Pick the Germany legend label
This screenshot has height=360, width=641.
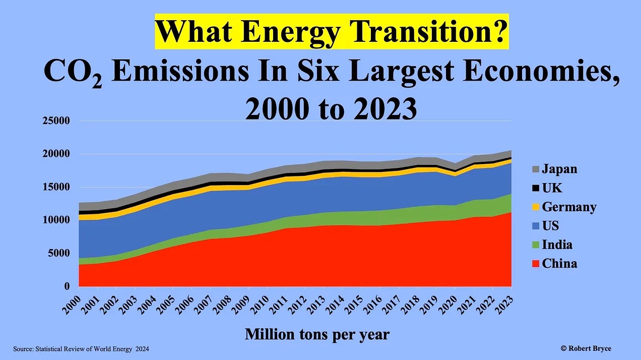pos(569,207)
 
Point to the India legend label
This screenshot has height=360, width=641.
pos(557,245)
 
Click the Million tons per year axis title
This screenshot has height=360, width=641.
pos(317,334)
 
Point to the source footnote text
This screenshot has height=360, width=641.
pos(81,349)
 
